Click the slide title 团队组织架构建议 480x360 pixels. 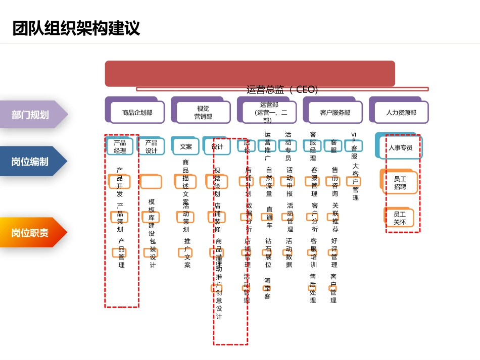point(76,28)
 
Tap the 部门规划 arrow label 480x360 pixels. point(31,115)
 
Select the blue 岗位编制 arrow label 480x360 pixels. point(31,162)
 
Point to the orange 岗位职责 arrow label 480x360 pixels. point(31,233)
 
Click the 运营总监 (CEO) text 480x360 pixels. point(282,89)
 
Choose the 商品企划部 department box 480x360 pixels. point(137,113)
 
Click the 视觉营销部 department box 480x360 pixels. point(203,113)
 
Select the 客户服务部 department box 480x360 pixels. point(335,113)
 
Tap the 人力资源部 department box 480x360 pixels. point(401,113)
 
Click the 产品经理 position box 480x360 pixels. point(120,146)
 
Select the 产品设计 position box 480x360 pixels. point(152,146)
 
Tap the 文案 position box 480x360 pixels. point(186,146)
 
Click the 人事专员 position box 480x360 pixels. point(401,147)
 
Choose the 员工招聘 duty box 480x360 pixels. point(400,183)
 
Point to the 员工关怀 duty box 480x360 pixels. point(400,218)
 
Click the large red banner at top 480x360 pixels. point(250,73)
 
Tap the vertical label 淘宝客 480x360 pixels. point(267,288)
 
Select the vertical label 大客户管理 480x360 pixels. point(355,182)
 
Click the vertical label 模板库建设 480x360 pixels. point(152,218)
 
